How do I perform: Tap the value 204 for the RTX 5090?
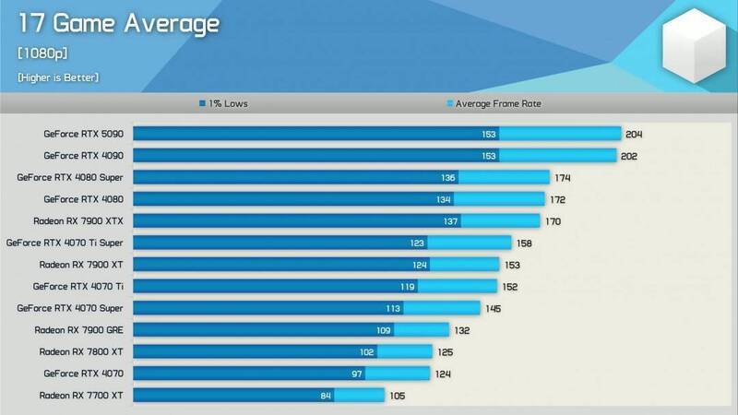point(634,134)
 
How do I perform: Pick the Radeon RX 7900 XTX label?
point(84,220)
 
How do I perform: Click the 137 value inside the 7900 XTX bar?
point(451,220)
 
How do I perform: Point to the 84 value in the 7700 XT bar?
point(325,395)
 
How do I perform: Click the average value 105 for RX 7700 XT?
point(397,395)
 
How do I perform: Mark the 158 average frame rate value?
point(525,243)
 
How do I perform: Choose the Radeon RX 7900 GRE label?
point(84,329)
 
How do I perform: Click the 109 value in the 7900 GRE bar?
point(385,329)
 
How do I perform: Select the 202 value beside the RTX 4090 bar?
point(629,156)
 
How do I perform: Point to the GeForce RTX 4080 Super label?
point(77,177)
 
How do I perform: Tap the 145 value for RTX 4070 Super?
point(494,308)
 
